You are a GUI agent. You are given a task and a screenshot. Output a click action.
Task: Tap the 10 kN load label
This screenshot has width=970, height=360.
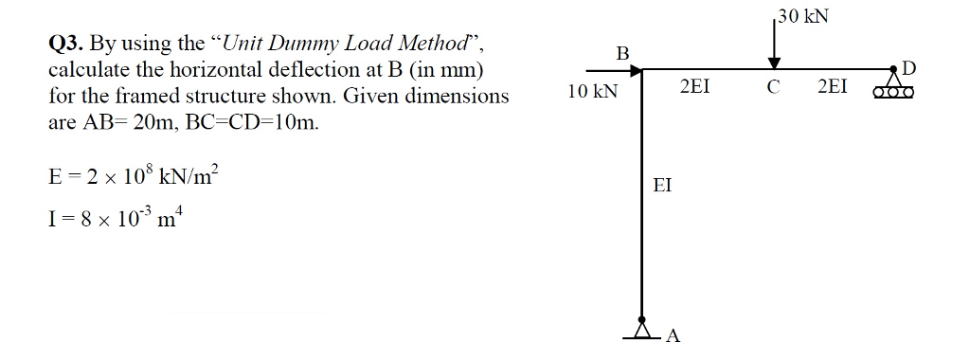point(592,92)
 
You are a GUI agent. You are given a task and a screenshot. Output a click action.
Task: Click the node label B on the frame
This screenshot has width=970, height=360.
point(622,51)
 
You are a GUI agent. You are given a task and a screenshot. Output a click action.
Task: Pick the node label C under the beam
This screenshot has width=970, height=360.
point(774,88)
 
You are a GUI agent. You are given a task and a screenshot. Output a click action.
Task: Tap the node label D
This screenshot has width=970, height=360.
point(910,66)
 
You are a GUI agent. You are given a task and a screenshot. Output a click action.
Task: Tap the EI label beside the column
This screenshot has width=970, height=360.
point(663,186)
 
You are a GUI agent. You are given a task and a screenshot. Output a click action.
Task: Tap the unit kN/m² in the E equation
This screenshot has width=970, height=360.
point(190,177)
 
